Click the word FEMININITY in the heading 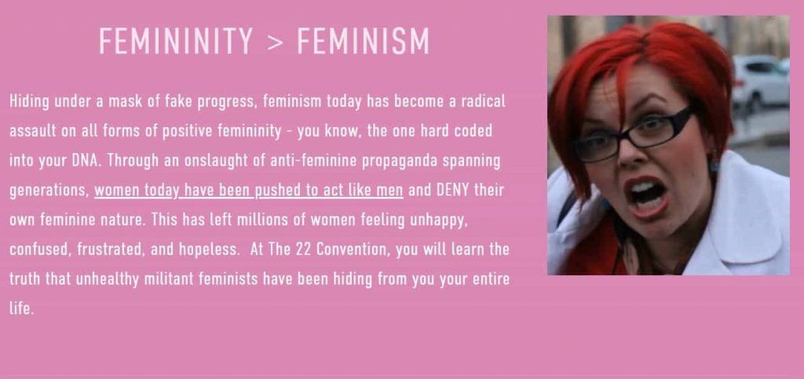click(176, 41)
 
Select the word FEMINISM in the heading click(363, 41)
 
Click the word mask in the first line click(125, 101)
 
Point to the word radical click(483, 101)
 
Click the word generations click(49, 191)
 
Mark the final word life click(21, 308)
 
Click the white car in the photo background click(760, 81)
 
